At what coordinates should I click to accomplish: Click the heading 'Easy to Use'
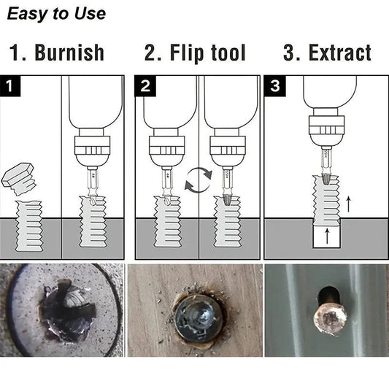pyautogui.click(x=56, y=13)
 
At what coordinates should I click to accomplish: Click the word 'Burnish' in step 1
pyautogui.click(x=69, y=53)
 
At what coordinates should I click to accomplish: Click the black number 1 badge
pyautogui.click(x=9, y=86)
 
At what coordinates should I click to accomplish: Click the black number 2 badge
pyautogui.click(x=145, y=86)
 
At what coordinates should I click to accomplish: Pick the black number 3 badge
pyautogui.click(x=274, y=86)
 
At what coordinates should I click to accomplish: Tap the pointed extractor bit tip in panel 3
pyautogui.click(x=321, y=179)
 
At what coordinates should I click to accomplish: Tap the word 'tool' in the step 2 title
pyautogui.click(x=224, y=53)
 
